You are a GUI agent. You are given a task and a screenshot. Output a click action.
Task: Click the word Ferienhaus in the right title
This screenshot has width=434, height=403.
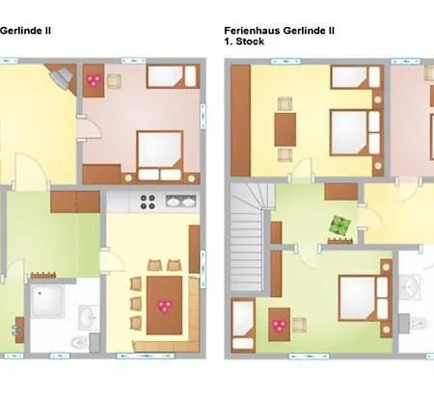[251, 30]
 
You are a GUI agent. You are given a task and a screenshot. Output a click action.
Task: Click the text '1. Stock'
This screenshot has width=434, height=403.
[243, 42]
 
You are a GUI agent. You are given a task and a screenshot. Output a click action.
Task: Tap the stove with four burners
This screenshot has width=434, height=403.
[149, 202]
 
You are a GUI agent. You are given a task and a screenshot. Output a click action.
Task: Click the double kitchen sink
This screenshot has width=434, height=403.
[178, 202]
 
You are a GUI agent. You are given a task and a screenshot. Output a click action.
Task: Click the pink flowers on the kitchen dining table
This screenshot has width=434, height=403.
[163, 306]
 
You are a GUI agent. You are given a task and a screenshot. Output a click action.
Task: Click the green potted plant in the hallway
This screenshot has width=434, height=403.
[339, 226]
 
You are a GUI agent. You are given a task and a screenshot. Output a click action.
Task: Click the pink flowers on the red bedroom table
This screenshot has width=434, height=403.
[94, 81]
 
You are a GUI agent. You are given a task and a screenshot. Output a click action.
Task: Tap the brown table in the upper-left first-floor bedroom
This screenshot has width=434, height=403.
[284, 126]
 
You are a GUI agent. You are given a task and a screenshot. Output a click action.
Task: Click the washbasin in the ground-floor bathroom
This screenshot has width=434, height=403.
[88, 315]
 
